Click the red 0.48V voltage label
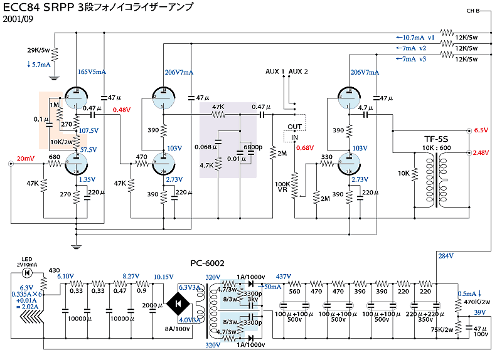point(121,110)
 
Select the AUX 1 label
point(275,71)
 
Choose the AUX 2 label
point(299,71)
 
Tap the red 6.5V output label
point(481,130)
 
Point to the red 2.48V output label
point(481,153)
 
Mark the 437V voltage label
point(284,277)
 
